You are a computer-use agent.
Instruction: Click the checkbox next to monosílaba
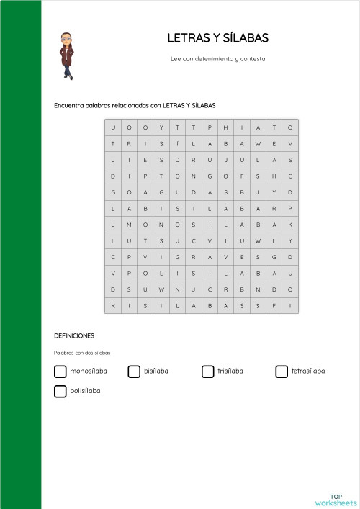[x=60, y=371]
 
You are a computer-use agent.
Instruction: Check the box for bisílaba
[x=134, y=371]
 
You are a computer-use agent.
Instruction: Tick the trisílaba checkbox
[x=208, y=371]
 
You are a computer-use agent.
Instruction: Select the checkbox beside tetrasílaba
[x=282, y=371]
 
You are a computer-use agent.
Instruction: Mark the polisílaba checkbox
[x=60, y=391]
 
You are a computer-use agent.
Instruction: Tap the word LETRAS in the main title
[x=185, y=38]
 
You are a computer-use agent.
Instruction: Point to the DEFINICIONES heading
[x=74, y=336]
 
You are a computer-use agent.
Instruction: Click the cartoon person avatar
[x=66, y=55]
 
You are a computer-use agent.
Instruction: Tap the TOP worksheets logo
[x=336, y=499]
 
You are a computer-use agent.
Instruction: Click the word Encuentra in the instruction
[x=68, y=105]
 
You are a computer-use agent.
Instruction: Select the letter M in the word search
[x=130, y=225]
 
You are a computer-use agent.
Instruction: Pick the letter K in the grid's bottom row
[x=113, y=306]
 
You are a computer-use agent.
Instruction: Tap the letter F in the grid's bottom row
[x=274, y=306]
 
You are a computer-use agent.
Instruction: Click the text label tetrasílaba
[x=308, y=371]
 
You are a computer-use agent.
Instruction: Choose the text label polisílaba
[x=85, y=391]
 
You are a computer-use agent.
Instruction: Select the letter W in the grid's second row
[x=258, y=144]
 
